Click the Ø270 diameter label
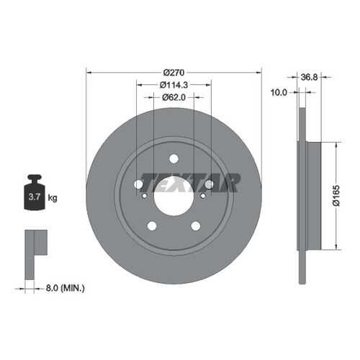(x=174, y=72)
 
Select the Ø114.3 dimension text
(x=174, y=85)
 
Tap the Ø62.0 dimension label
(x=174, y=97)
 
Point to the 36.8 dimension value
(x=309, y=77)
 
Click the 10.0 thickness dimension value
(x=279, y=92)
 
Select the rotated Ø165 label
(x=336, y=195)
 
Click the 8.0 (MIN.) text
(x=65, y=288)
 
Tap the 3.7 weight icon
(x=35, y=192)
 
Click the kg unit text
(x=53, y=198)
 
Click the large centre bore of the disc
(x=174, y=196)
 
